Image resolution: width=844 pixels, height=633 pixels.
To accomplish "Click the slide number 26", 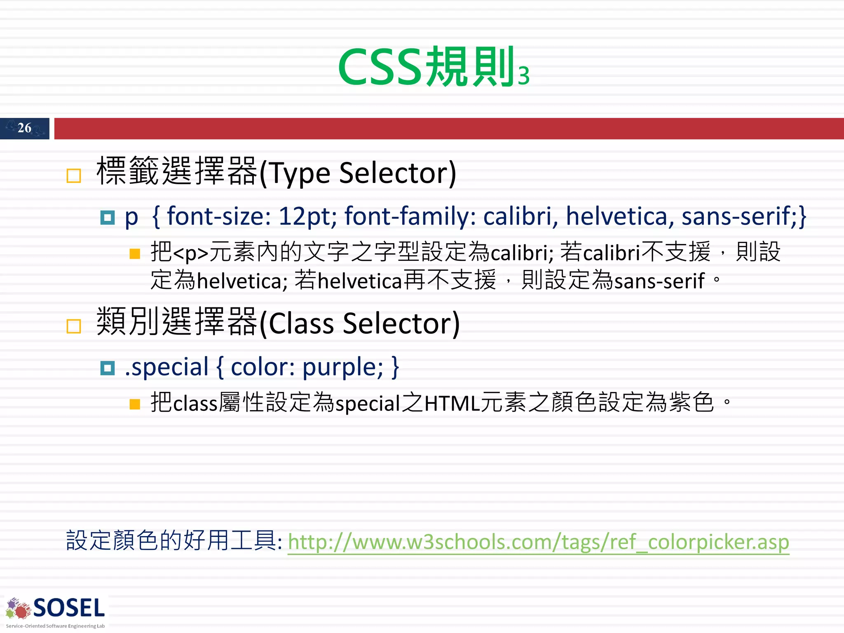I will (x=24, y=128).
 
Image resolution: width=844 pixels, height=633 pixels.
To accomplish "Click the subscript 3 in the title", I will (x=523, y=76).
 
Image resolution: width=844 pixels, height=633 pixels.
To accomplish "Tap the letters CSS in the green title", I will (x=380, y=67).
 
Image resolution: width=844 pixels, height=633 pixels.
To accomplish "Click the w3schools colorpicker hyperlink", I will (x=538, y=542).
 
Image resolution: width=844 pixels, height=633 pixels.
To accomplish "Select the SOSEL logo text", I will (x=69, y=608).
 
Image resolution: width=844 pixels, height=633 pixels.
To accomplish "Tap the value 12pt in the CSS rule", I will (x=307, y=216).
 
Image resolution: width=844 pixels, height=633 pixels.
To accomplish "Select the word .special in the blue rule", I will (x=166, y=367).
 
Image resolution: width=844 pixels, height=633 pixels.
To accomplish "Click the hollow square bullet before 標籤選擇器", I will (x=74, y=176).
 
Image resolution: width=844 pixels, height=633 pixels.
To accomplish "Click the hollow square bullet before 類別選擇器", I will (x=74, y=326).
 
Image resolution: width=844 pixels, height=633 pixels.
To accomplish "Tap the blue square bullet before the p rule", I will (x=108, y=217).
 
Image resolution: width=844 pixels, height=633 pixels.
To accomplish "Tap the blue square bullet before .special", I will (x=108, y=368).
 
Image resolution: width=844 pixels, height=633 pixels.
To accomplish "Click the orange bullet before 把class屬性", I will (x=135, y=404).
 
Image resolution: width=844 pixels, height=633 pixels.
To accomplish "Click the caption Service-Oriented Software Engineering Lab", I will (x=55, y=626).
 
